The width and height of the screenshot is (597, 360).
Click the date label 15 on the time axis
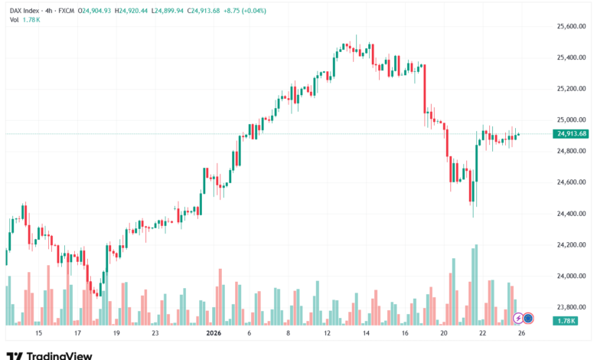pyautogui.click(x=38, y=334)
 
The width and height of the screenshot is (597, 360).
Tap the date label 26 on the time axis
pyautogui.click(x=521, y=334)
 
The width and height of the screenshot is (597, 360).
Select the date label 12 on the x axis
pyautogui.click(x=327, y=334)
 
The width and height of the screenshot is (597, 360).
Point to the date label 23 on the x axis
pyautogui.click(x=155, y=334)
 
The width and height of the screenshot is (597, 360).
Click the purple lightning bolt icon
pyautogui.click(x=518, y=317)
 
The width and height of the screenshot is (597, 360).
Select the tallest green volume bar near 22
pyautogui.click(x=476, y=284)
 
